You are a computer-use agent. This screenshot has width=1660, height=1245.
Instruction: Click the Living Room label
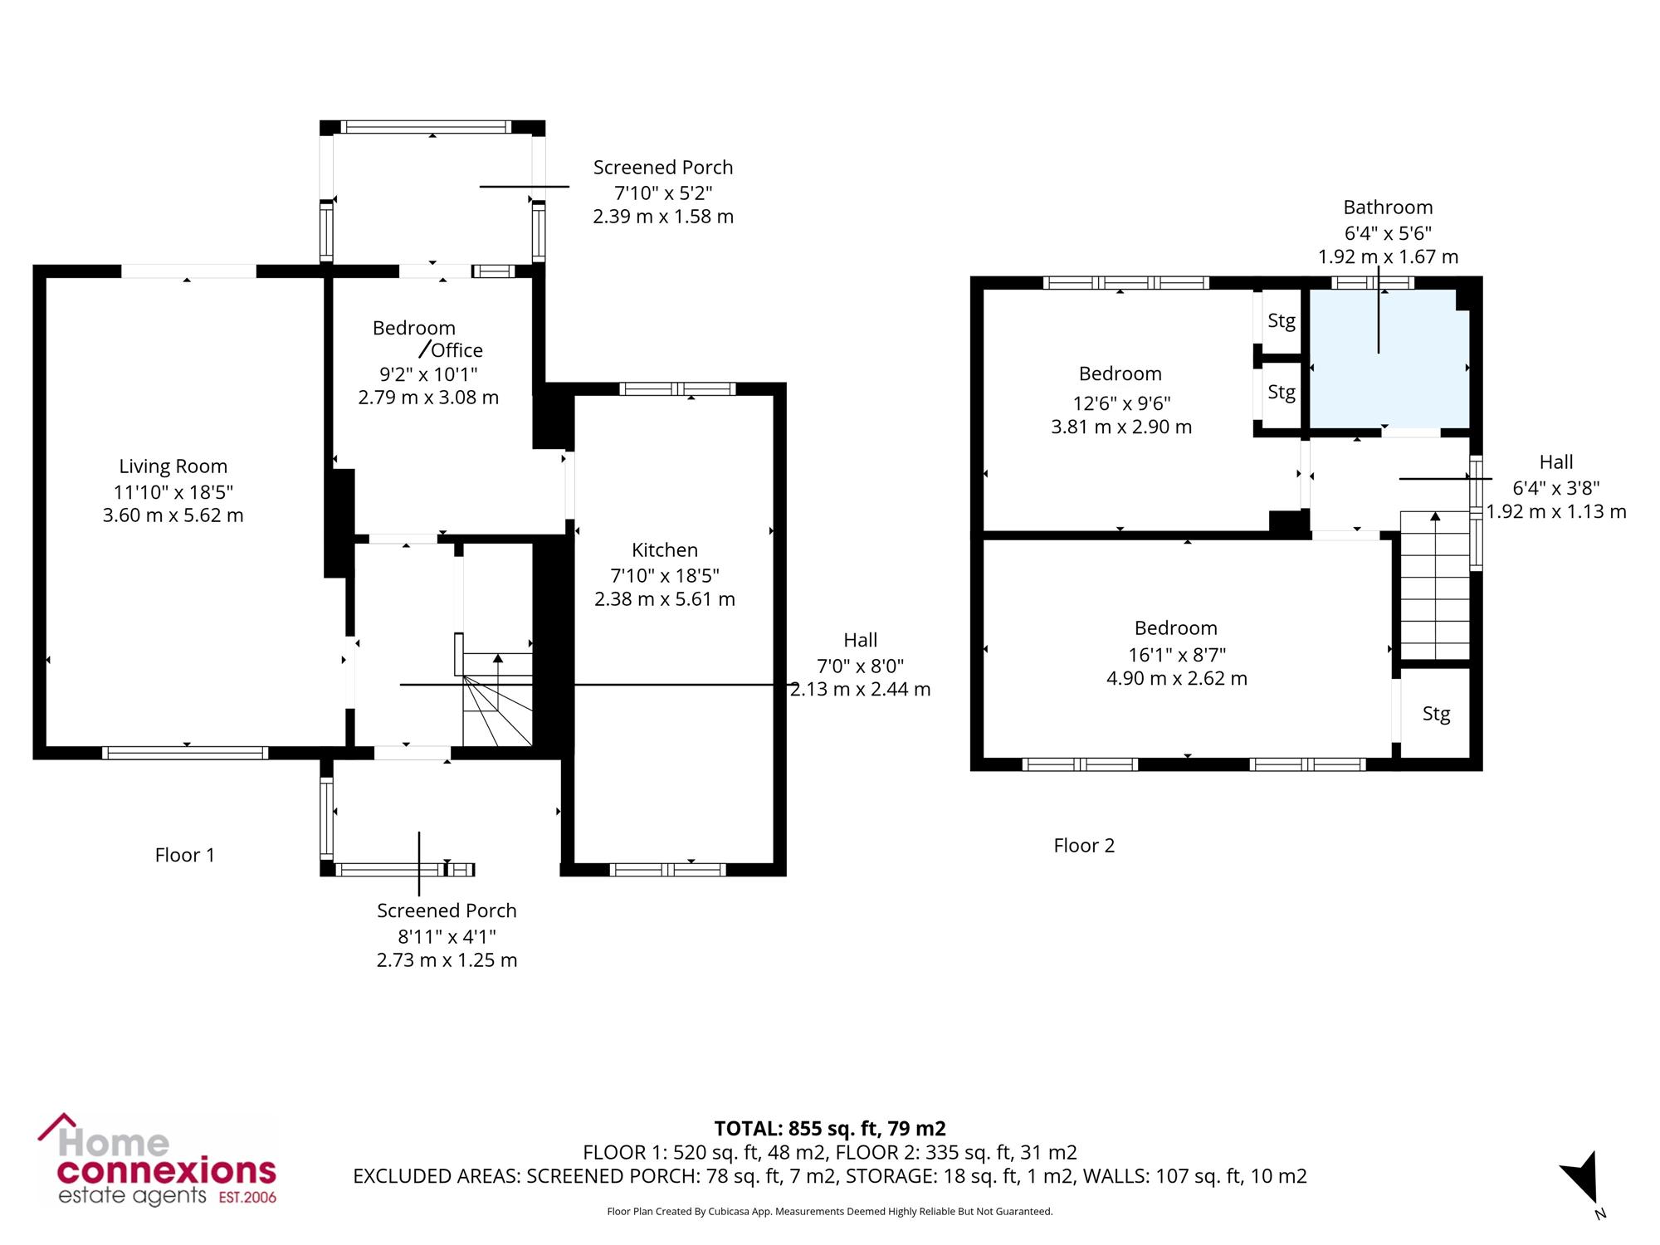tap(173, 466)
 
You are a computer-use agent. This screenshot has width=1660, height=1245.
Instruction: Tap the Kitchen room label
tap(665, 549)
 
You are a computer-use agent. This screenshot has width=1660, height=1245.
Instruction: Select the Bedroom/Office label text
tap(427, 339)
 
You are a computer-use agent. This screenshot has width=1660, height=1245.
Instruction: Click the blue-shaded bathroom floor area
tap(1388, 359)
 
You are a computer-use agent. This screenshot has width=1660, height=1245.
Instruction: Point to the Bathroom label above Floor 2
tap(1388, 207)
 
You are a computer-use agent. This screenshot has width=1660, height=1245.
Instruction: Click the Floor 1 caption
tap(185, 855)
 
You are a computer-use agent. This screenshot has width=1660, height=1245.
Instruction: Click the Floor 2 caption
tap(1084, 846)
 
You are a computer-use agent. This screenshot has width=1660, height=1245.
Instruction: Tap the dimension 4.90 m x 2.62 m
tap(1176, 678)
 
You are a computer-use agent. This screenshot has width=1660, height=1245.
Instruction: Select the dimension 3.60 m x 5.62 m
tap(173, 515)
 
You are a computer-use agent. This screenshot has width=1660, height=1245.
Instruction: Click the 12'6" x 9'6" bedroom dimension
tap(1121, 403)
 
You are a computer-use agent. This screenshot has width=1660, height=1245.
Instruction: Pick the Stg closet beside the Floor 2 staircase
tap(1436, 713)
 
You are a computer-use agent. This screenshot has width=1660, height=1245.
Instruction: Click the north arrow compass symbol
tap(1583, 1179)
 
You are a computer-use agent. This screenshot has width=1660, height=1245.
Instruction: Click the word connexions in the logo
tap(166, 1170)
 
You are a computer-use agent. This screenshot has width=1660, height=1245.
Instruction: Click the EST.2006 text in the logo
tap(247, 1197)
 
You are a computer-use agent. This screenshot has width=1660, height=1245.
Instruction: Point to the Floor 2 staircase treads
tap(1435, 585)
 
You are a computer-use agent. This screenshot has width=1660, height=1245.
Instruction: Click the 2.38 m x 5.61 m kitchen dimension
tap(665, 599)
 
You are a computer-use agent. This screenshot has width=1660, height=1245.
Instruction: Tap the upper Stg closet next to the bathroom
tap(1282, 321)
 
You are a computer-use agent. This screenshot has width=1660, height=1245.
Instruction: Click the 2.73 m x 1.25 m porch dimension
tap(447, 960)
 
